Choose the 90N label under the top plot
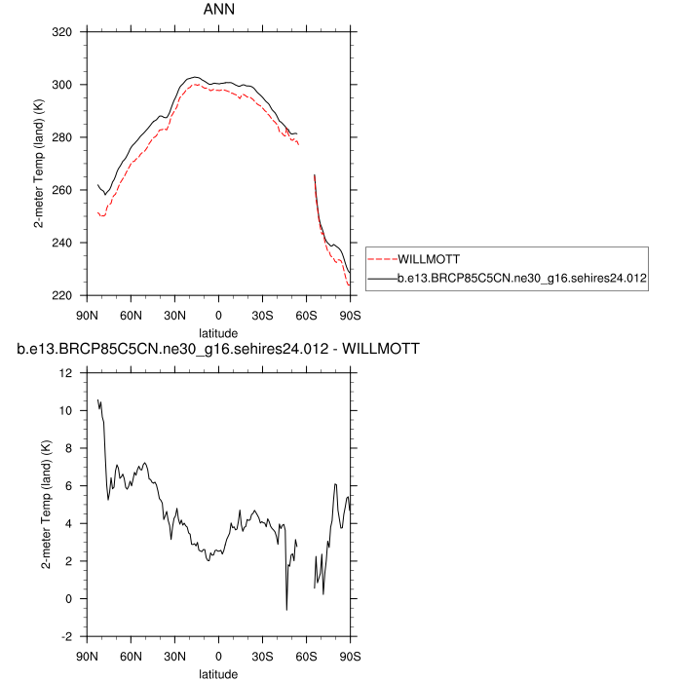[87, 315]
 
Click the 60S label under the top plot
[307, 315]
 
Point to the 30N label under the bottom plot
[174, 656]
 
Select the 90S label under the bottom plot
[351, 656]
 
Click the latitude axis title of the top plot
[219, 331]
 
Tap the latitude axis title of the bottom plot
[219, 672]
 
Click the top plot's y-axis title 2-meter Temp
[39, 164]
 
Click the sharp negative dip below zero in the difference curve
[286, 609]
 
